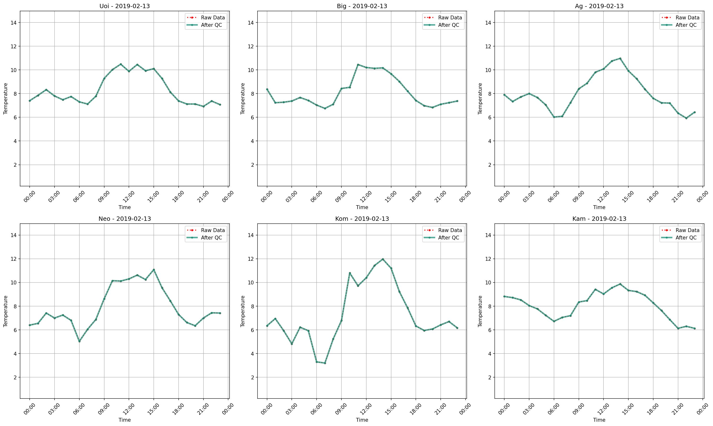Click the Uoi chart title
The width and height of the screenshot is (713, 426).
coord(125,6)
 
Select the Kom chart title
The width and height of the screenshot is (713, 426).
coord(362,219)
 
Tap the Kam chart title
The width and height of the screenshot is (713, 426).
coord(599,219)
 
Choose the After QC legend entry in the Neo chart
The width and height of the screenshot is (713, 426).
coord(211,238)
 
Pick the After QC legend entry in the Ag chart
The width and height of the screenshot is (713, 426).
coord(686,25)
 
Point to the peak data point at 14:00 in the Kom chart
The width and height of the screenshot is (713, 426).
coord(383,259)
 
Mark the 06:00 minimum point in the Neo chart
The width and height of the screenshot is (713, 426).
coord(79,341)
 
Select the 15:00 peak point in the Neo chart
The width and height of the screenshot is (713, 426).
coord(154,270)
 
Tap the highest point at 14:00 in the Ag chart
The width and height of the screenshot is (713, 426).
coord(620,58)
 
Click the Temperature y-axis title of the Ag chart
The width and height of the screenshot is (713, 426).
coord(480,99)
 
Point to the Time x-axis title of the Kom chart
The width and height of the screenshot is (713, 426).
coord(362,420)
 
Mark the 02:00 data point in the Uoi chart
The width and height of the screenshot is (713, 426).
coord(46,89)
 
